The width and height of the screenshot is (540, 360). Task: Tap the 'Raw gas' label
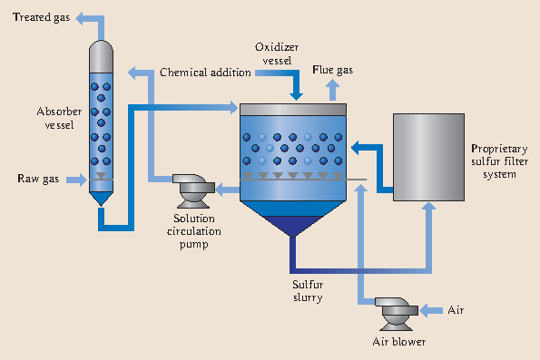click(38, 178)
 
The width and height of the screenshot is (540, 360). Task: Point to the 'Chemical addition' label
click(205, 72)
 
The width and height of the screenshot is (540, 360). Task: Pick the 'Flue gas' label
click(334, 69)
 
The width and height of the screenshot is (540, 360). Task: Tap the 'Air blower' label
click(399, 342)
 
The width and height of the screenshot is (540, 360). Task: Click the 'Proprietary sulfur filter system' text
click(494, 161)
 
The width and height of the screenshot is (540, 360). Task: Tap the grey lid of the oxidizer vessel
click(292, 109)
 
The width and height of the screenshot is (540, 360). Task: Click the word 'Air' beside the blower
click(457, 311)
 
